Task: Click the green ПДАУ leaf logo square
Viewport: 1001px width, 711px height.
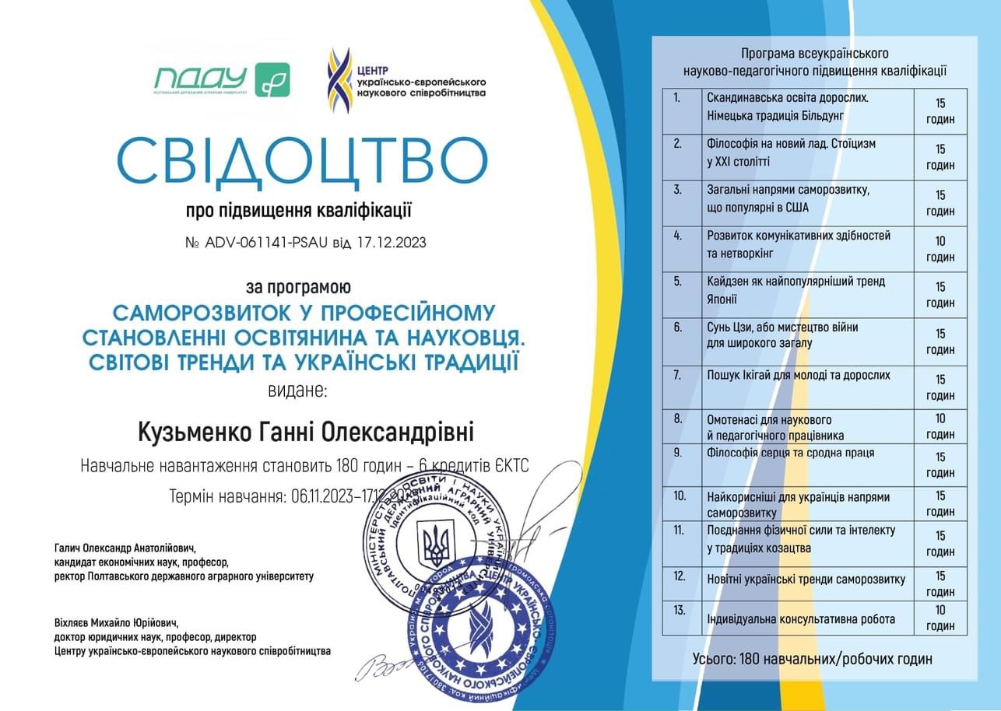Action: pos(272,79)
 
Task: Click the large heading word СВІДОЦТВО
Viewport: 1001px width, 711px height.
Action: pos(302,159)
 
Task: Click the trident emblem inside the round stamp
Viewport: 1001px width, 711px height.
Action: pos(433,544)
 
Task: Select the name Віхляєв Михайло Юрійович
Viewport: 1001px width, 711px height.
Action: pos(116,622)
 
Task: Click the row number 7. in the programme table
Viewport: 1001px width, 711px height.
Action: pos(678,375)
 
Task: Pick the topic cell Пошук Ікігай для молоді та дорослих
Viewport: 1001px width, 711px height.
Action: pos(798,375)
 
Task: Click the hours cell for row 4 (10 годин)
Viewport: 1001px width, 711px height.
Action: pos(940,249)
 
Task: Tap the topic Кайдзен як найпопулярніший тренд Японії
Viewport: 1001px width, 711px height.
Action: pos(796,289)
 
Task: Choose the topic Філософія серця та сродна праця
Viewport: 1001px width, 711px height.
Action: pos(790,453)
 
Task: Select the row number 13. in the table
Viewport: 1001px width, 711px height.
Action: pos(680,610)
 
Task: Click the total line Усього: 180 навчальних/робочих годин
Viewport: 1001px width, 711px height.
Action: pos(812,659)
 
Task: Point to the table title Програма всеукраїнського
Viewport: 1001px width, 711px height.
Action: pos(814,54)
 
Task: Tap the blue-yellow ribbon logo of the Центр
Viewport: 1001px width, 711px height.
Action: pos(339,80)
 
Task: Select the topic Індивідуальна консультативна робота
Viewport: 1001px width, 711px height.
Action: pos(800,619)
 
